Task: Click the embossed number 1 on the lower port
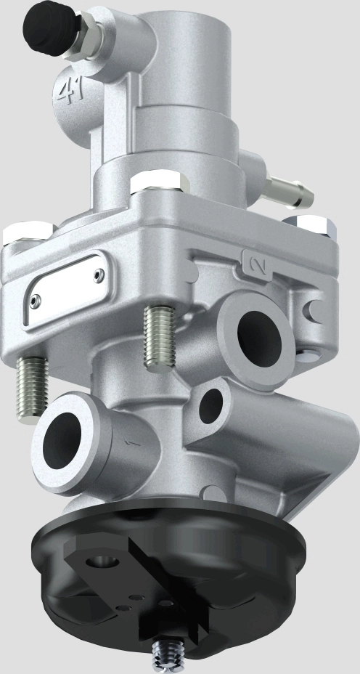[131, 441]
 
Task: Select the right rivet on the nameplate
[99, 274]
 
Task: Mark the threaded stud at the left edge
[33, 385]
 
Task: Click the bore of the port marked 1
[64, 440]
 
